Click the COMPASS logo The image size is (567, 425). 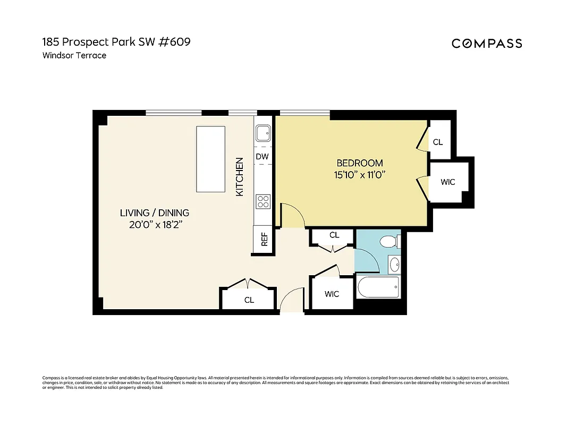[487, 44]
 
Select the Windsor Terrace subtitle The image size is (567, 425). [74, 55]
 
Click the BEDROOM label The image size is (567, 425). [360, 163]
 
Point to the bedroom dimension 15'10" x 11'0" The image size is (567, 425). [360, 175]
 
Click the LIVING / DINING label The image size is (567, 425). [154, 213]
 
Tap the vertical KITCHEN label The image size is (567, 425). [240, 177]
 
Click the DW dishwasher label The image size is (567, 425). [262, 157]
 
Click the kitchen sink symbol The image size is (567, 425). [263, 133]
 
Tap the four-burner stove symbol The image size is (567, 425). [263, 201]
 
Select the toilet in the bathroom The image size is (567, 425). [391, 242]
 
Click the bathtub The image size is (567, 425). [378, 288]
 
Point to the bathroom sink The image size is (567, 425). [394, 263]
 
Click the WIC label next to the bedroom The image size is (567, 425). [448, 182]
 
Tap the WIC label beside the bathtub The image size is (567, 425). [332, 294]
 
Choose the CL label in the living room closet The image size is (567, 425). [249, 300]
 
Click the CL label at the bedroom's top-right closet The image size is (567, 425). [438, 142]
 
